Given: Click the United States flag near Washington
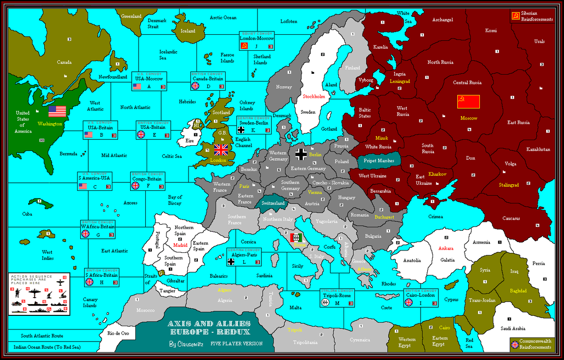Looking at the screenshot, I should click(x=57, y=111).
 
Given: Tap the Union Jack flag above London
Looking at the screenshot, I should click(x=220, y=149).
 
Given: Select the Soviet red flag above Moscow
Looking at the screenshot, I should click(x=468, y=102).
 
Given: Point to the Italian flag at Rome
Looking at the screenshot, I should click(x=296, y=237).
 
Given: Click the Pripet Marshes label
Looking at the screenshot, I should click(x=379, y=160).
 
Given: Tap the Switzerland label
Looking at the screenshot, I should click(x=273, y=203).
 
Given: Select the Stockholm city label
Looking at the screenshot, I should click(x=314, y=96).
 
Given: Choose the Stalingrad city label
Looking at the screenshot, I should click(x=509, y=185).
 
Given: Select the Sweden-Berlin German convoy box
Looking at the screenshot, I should click(x=253, y=125).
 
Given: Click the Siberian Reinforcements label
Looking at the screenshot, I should click(x=537, y=16).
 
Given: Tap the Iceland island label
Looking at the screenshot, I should click(x=188, y=31).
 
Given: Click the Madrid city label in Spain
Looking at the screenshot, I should click(x=180, y=245).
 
